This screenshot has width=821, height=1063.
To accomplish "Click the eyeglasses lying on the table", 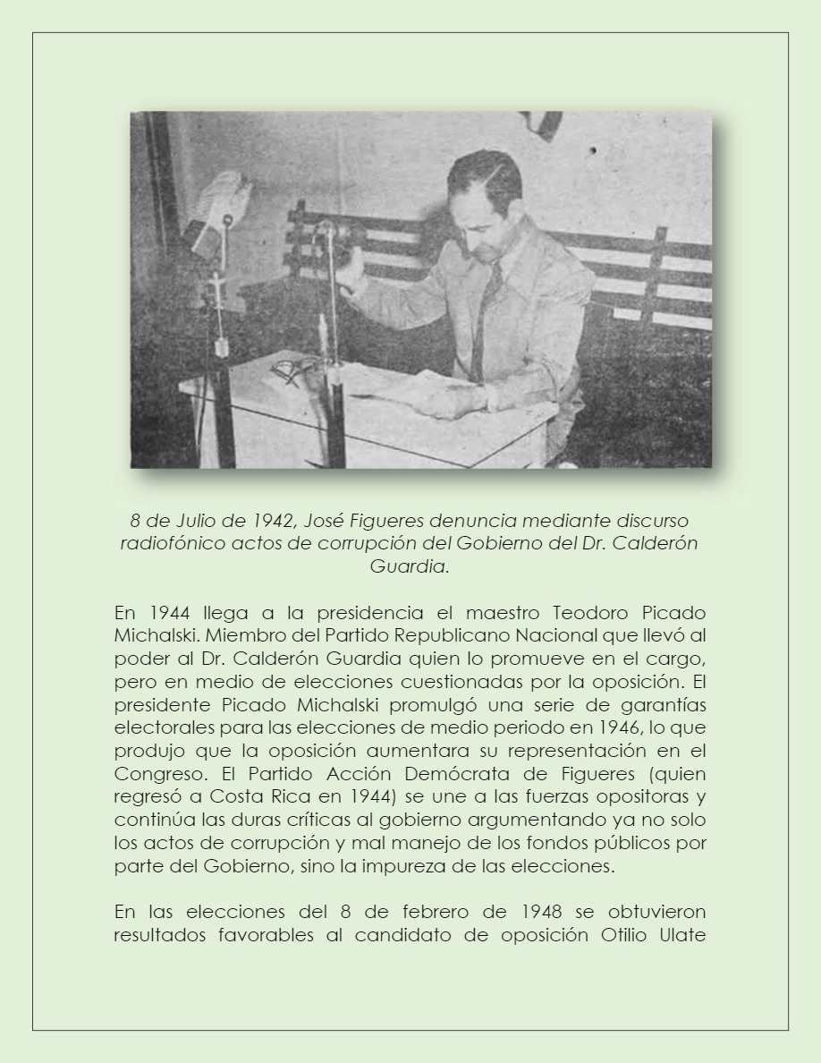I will pos(296,368).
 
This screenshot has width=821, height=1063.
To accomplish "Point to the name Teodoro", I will pos(596,613).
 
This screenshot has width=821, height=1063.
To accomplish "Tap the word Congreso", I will pos(151,773).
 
